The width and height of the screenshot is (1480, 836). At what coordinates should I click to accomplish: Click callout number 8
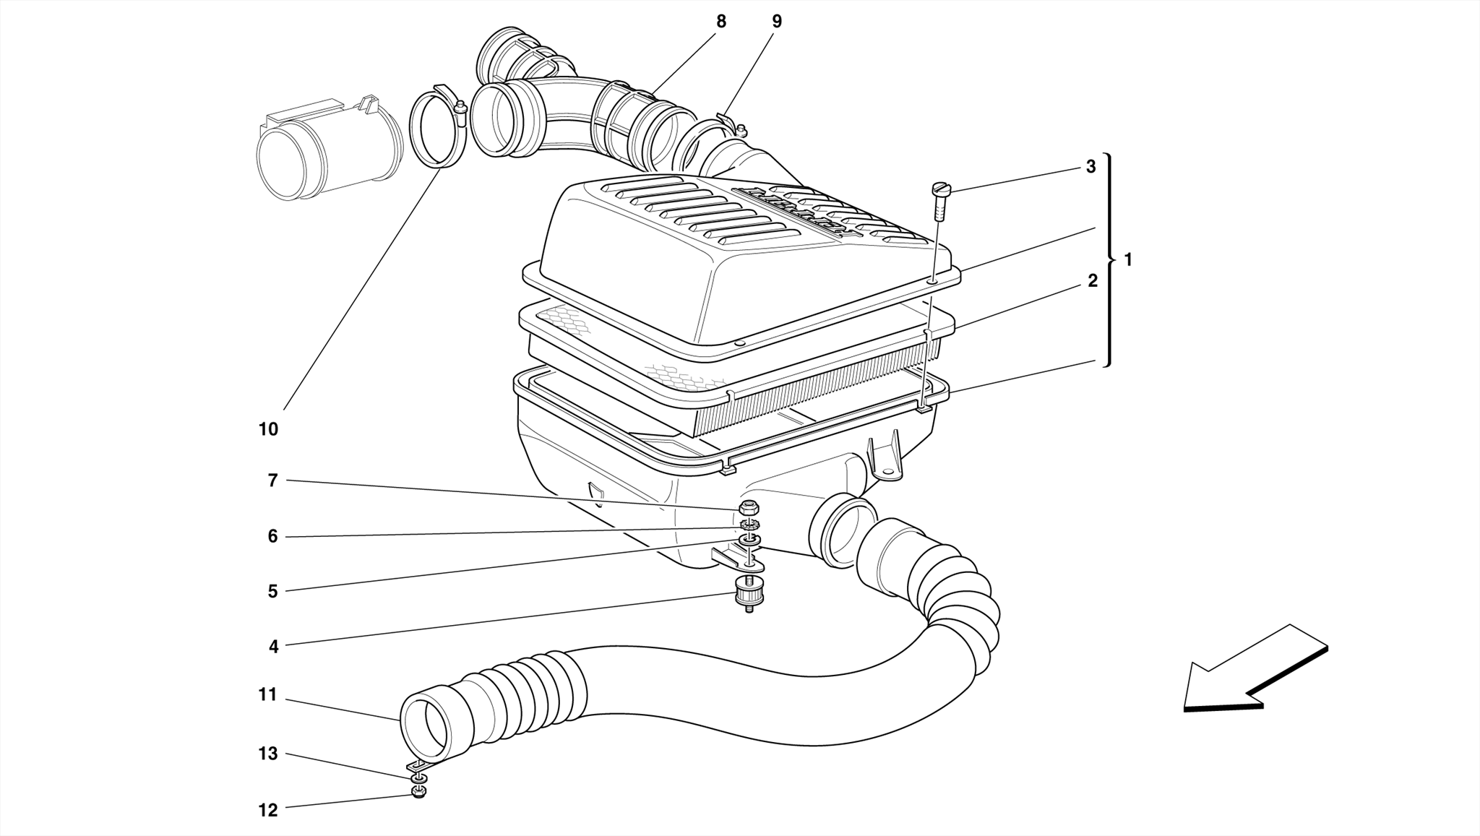(720, 22)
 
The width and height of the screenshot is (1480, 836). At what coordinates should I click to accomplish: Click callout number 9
(777, 22)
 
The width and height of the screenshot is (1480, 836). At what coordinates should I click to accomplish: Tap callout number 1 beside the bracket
(1128, 259)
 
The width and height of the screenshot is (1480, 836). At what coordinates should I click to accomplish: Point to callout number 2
(1093, 281)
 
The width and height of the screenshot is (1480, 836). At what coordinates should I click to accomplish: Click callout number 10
(268, 430)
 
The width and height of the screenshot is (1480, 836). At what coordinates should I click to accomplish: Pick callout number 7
(272, 481)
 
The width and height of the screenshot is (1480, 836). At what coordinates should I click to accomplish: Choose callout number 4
(273, 647)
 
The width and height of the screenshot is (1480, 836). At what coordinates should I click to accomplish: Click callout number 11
(268, 695)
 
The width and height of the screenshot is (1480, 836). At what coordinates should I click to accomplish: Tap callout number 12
(268, 811)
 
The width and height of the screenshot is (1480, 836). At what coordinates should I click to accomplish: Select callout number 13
(268, 754)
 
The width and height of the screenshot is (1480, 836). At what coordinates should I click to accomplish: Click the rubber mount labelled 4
(748, 596)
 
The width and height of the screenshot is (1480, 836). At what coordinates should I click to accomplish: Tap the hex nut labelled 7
(749, 507)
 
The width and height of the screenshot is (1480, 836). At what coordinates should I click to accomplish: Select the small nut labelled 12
(418, 793)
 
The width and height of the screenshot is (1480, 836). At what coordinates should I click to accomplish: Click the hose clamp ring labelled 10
(438, 129)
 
